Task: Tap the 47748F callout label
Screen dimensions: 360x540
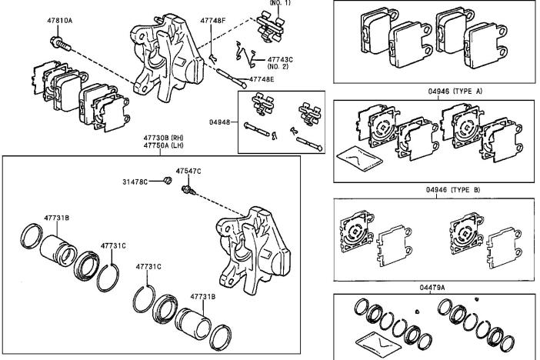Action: click(x=213, y=21)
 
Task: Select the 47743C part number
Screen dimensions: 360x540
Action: click(x=282, y=58)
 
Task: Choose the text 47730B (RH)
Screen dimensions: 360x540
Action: click(x=161, y=139)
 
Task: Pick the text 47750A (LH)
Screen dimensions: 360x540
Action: click(x=161, y=148)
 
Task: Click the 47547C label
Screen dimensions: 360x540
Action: click(x=188, y=171)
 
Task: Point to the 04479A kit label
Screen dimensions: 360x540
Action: click(x=434, y=286)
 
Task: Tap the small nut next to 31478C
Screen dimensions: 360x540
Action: click(x=167, y=182)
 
